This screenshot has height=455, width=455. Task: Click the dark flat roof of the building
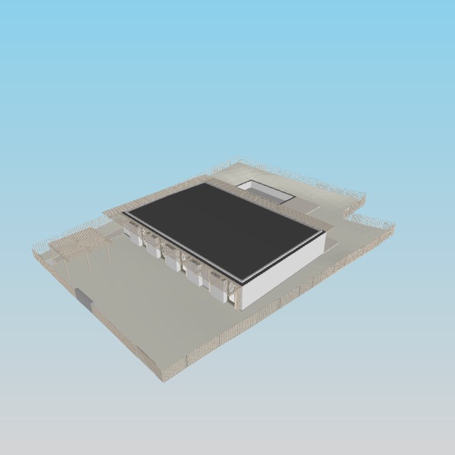[224, 227]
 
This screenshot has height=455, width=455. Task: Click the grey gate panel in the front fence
[83, 299]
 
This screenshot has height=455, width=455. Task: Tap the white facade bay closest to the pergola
[137, 237]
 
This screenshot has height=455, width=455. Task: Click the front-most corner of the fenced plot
[163, 378]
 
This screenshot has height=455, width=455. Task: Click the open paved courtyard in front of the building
[144, 303]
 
